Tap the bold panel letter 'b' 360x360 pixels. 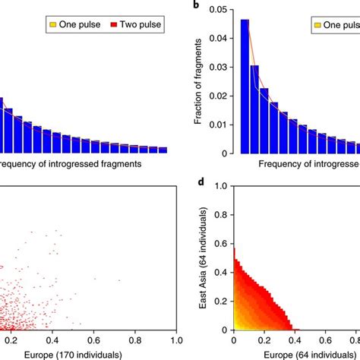pos(197,5)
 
